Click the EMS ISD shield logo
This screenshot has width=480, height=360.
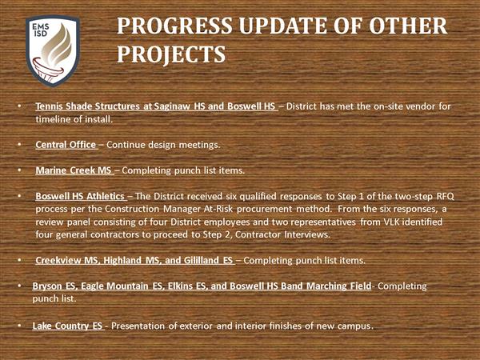(x=53, y=51)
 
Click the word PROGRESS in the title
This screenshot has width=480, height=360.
(x=174, y=26)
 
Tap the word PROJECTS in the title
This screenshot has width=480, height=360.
(x=171, y=54)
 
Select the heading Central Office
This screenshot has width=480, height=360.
(x=66, y=145)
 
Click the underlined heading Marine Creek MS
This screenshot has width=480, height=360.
(x=74, y=170)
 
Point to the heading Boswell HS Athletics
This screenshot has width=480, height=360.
(x=80, y=196)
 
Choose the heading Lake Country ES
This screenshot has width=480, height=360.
(x=67, y=326)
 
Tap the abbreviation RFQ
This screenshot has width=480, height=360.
(x=446, y=196)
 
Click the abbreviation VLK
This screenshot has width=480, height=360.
(x=391, y=222)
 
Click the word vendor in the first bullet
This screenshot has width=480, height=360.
(x=419, y=106)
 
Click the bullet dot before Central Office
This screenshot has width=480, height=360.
(x=19, y=144)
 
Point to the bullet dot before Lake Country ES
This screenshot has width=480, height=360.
(x=19, y=326)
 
